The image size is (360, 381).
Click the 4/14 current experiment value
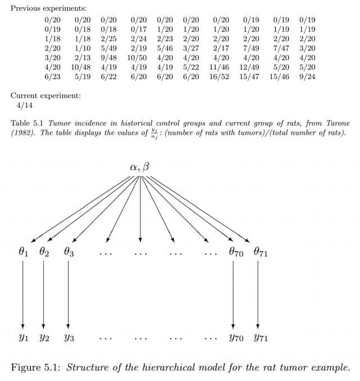(25, 105)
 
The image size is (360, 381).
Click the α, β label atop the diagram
(139, 167)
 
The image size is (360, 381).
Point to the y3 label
(68, 339)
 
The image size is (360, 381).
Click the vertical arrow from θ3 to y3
(68, 295)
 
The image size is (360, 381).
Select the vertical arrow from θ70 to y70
(234, 295)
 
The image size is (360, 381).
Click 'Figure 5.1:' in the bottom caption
(37, 368)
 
